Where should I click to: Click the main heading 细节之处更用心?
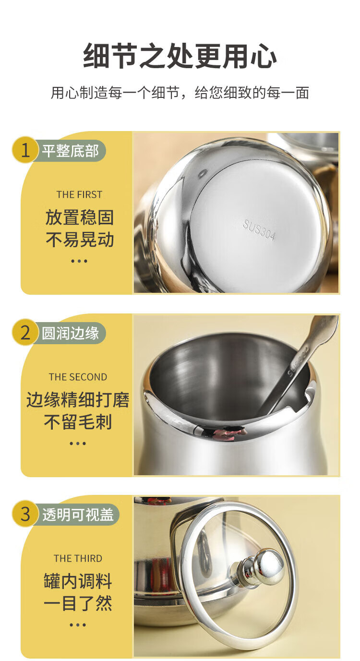coord(180,55)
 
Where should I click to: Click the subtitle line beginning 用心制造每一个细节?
coord(180,93)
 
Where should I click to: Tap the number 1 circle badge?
coord(25,151)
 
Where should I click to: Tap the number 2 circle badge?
coord(25,333)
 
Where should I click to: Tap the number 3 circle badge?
coord(25,514)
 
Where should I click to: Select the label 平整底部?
coord(70,151)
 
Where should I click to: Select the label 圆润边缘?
coord(70,333)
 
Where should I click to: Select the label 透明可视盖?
coord(78,515)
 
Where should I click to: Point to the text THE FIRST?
coord(79,195)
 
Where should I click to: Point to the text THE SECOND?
coord(78,377)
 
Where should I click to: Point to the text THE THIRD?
coord(78,558)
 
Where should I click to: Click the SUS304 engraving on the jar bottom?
coord(259,230)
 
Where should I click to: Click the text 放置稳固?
coord(79,217)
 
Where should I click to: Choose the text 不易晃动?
coord(79,240)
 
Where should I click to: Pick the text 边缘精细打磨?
coord(78,400)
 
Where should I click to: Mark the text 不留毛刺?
coord(78,422)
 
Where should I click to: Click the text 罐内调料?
coord(78,581)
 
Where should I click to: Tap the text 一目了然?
coord(78,603)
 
